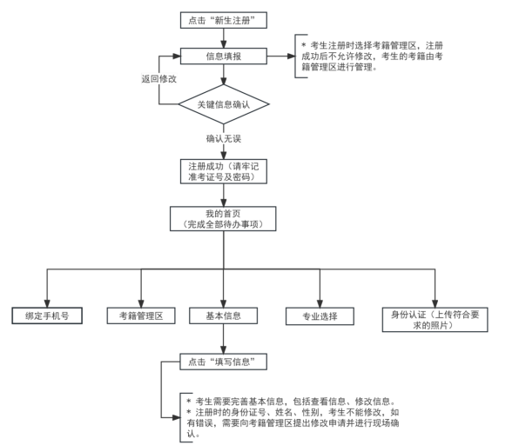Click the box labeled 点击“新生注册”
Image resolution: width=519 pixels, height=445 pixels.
pos(222,19)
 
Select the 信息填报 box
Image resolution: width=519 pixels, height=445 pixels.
pos(222,58)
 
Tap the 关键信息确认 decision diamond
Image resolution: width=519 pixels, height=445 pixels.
pos(222,105)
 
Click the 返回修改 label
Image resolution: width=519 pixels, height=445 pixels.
pos(159,77)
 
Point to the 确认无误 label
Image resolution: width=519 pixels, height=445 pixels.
pos(224,138)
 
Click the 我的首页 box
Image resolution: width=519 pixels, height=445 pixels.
pos(222,218)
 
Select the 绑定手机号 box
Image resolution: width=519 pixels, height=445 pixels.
pos(47,315)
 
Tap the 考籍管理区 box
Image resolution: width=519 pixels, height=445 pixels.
pos(140,315)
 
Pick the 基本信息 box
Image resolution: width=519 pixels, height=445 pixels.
pos(222,315)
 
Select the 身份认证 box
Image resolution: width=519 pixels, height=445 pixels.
pos(432,315)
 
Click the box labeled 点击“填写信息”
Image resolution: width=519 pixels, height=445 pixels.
pos(222,359)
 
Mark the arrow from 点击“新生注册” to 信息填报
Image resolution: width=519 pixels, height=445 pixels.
pos(222,39)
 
